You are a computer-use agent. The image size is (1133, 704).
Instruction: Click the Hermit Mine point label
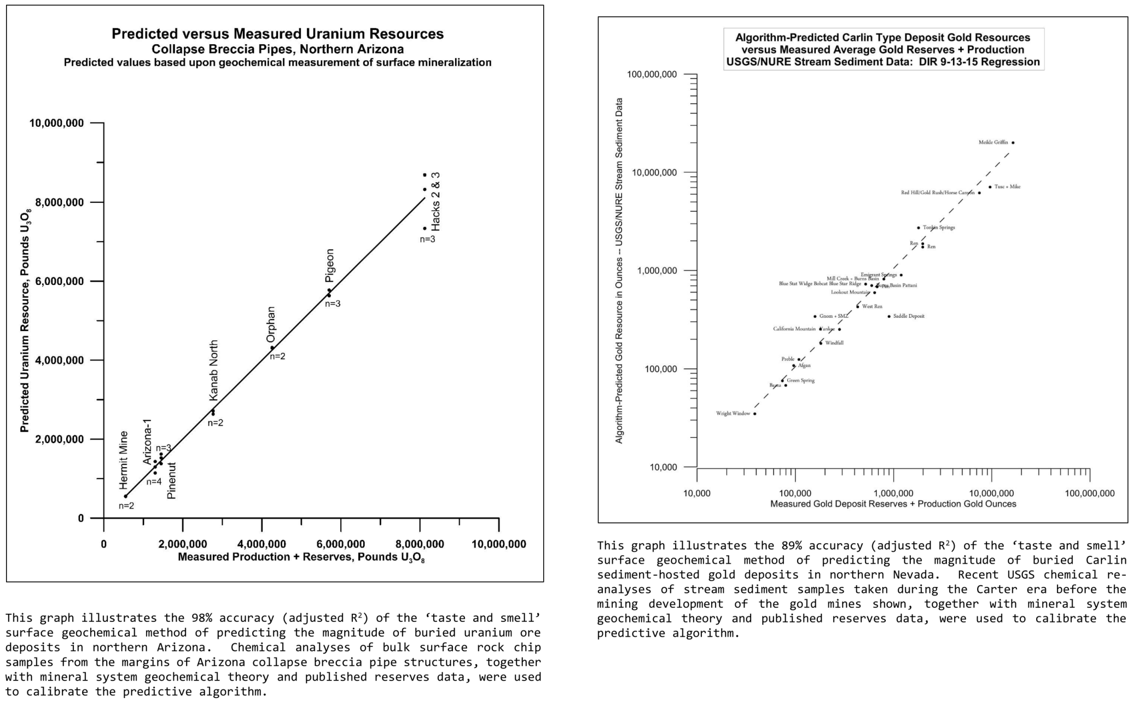[124, 460]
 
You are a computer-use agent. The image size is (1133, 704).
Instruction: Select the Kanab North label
[214, 370]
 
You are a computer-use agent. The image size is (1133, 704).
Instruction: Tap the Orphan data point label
[271, 324]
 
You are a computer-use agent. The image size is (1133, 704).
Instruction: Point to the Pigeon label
[329, 265]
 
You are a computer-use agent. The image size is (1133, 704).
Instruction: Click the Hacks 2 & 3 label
[435, 201]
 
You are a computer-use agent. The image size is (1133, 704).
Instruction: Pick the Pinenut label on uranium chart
[172, 480]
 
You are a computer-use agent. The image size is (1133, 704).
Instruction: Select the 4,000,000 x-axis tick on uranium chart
[262, 544]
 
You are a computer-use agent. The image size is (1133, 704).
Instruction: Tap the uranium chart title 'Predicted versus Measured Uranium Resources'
[277, 34]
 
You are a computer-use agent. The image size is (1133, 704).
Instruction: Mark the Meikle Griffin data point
[1013, 143]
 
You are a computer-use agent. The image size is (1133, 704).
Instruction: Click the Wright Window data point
[755, 414]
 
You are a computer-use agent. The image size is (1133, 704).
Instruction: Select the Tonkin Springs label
[939, 228]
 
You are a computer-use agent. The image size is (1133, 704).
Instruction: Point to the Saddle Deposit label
[909, 316]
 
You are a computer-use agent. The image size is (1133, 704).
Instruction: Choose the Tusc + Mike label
[1007, 187]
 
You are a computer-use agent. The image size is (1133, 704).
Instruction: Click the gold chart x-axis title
[893, 504]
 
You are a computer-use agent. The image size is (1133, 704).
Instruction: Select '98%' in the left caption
[201, 618]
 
